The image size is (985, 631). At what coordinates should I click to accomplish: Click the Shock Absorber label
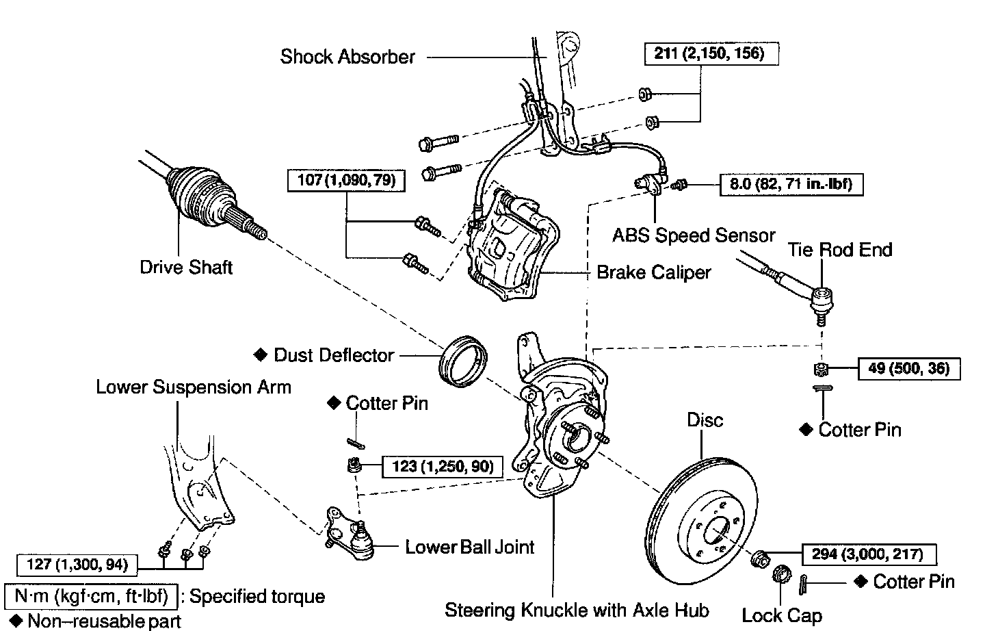pos(347,56)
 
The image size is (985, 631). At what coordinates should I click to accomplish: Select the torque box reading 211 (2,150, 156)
pos(712,53)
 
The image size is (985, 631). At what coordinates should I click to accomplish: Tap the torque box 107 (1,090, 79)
pos(347,181)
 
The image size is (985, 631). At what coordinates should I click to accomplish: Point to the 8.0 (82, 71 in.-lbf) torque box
pos(791,185)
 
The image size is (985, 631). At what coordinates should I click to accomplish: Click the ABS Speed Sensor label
pos(694,235)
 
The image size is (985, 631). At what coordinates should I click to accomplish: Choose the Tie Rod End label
pos(840,250)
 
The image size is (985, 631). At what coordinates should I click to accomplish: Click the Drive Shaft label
pos(186,267)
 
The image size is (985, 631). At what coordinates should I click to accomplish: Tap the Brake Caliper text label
pos(654,272)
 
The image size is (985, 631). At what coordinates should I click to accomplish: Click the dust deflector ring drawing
pos(463,359)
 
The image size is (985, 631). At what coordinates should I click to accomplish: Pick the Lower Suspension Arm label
pos(194,387)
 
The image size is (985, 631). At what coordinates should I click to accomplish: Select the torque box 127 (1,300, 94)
pos(78,565)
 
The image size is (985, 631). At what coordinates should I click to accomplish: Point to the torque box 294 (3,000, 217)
pos(867,554)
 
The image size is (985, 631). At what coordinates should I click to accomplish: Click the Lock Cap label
pos(782,615)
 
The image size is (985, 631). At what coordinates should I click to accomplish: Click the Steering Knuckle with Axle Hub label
pos(577,610)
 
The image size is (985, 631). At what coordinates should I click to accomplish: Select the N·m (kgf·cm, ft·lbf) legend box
pos(91,596)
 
